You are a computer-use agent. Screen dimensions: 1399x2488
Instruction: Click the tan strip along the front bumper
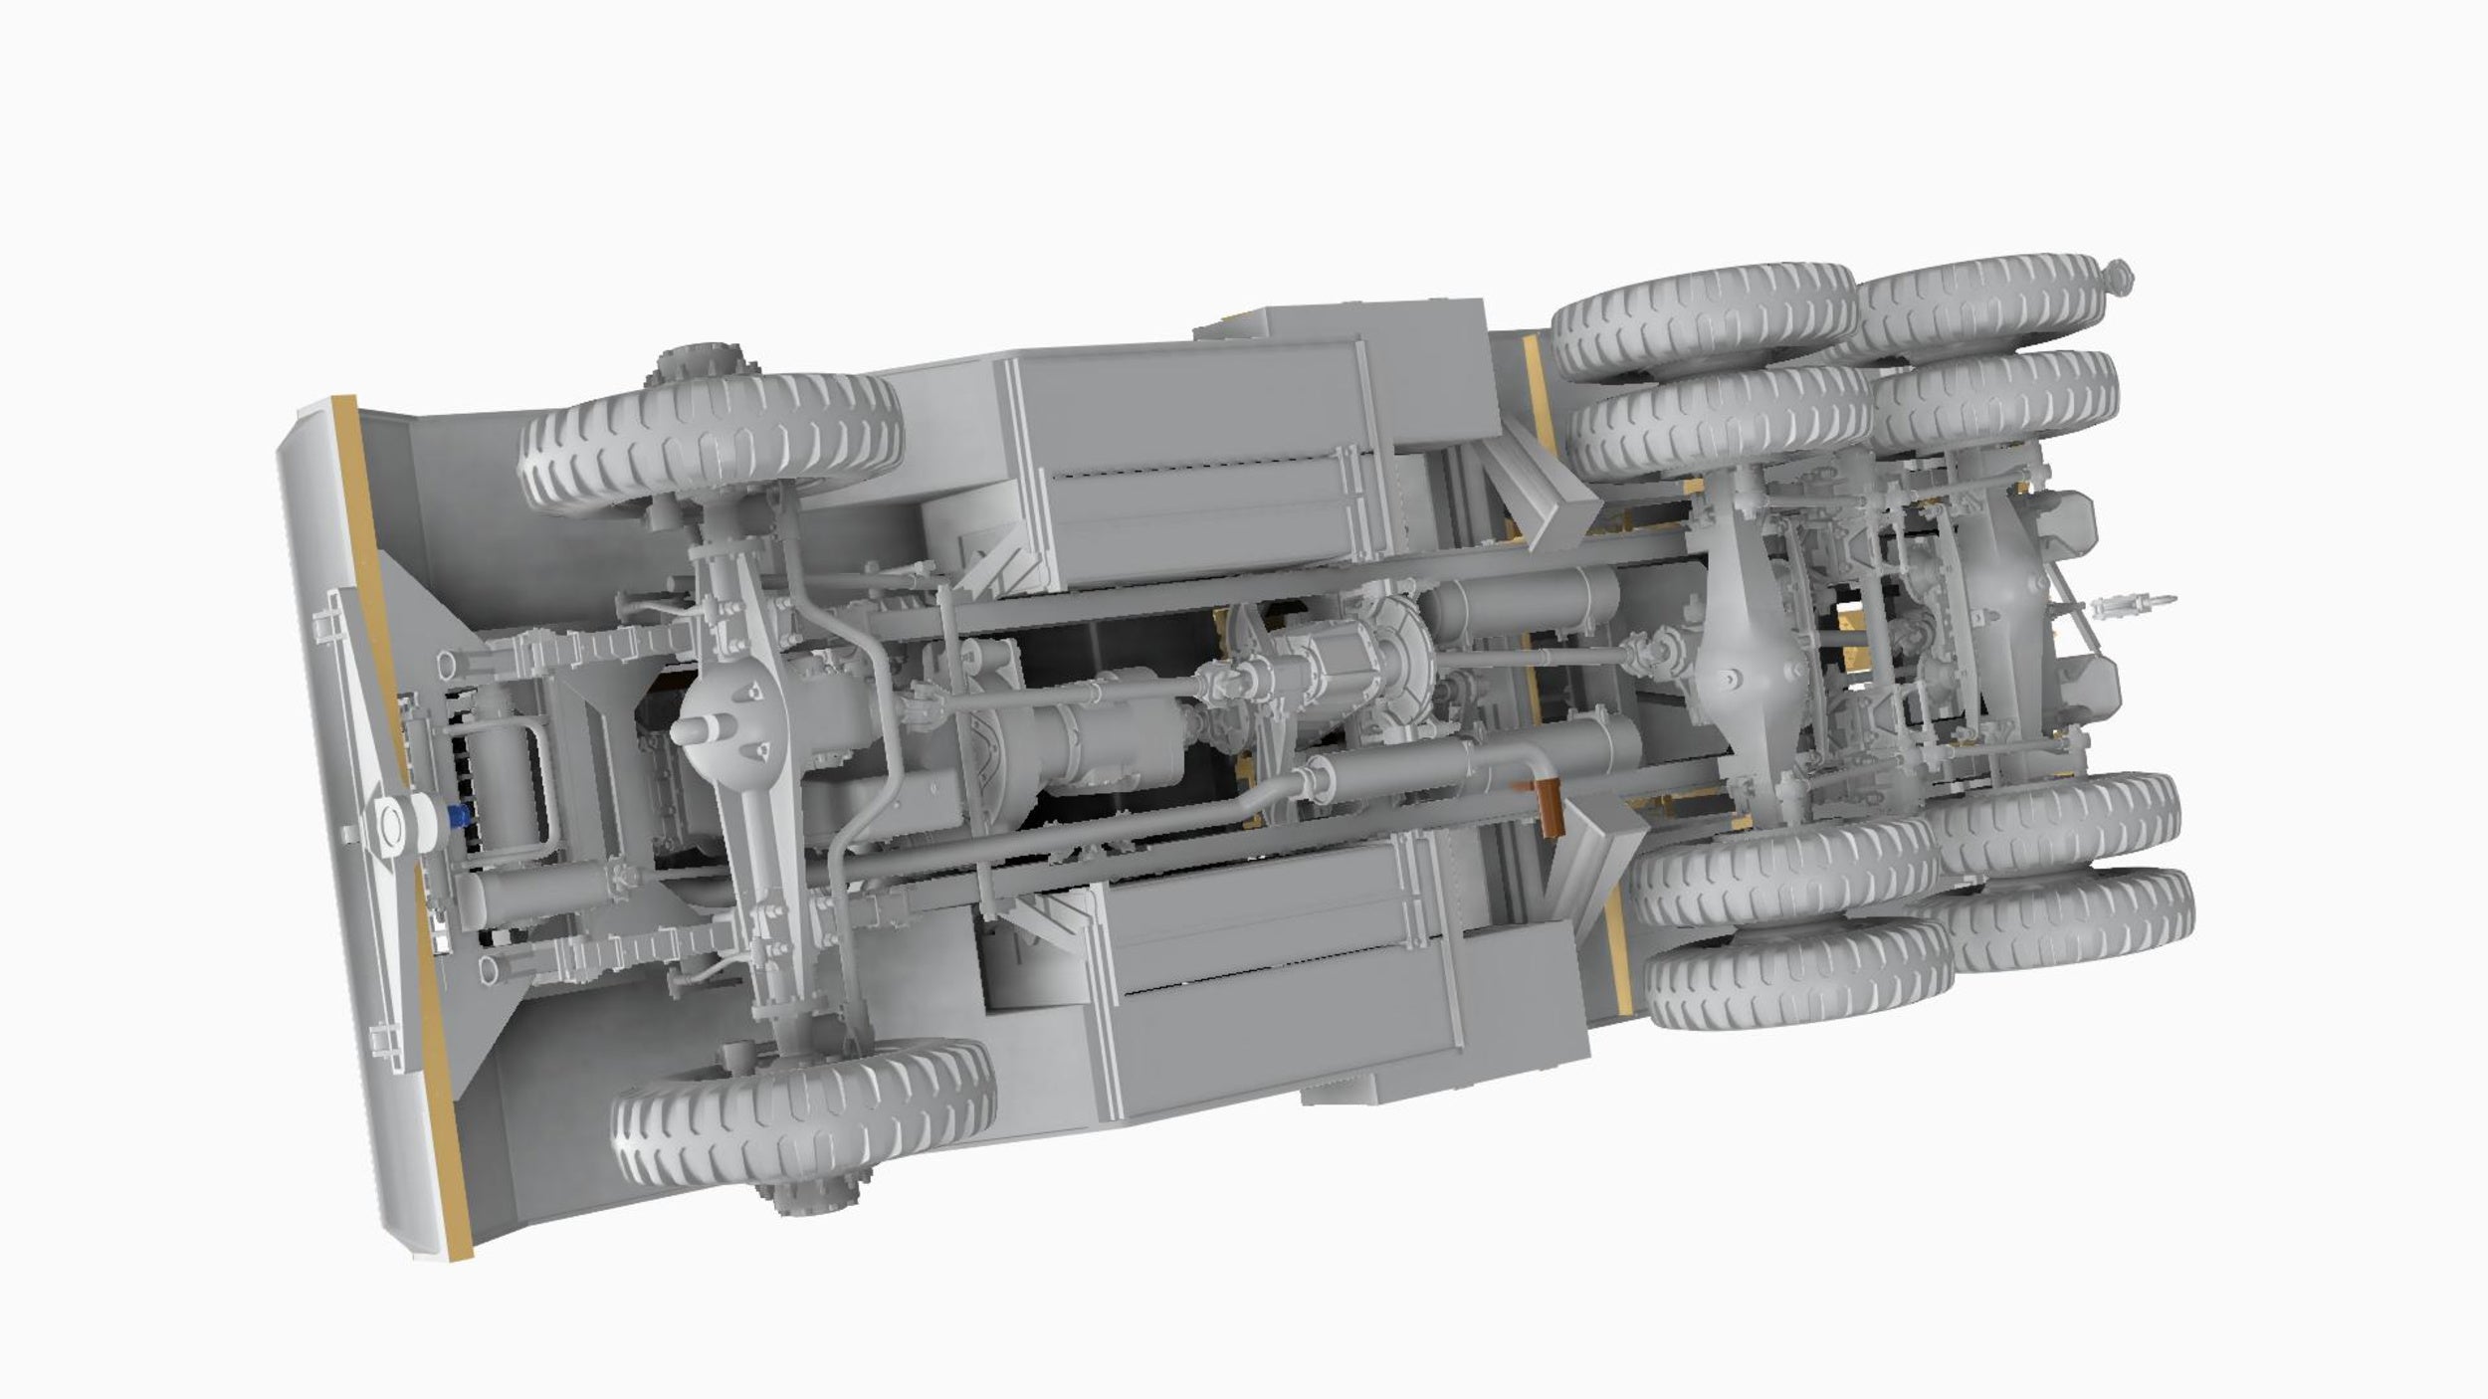[x=398, y=826]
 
